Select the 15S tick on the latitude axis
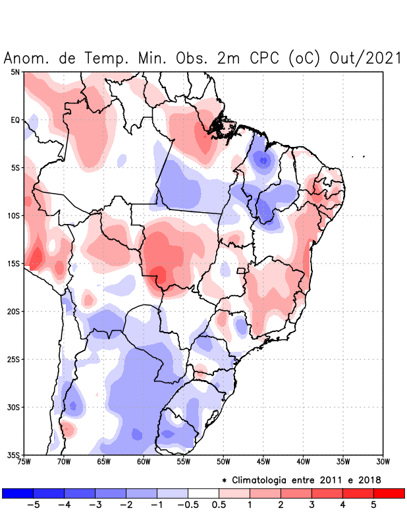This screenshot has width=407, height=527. [x=14, y=263]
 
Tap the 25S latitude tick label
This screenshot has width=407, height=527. [x=14, y=359]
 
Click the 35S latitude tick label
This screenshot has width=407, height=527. [x=14, y=455]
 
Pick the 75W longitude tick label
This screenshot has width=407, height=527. [x=24, y=462]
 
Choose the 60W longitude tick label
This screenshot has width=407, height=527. [x=144, y=462]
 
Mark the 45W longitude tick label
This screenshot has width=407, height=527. [x=263, y=462]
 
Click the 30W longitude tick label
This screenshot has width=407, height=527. [x=383, y=462]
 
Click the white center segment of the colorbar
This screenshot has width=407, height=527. [x=203, y=493]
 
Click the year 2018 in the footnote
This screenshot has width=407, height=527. [x=369, y=480]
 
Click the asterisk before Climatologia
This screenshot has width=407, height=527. [x=225, y=480]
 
